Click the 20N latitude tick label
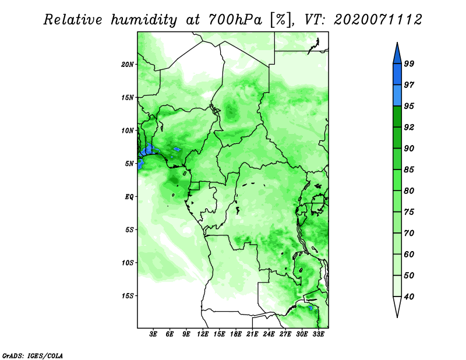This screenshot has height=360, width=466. [x=127, y=65]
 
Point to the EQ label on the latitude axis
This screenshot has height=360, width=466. [x=129, y=197]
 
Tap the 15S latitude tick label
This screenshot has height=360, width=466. [x=127, y=296]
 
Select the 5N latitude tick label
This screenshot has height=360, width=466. [x=129, y=164]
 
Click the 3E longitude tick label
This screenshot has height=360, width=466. [x=153, y=334]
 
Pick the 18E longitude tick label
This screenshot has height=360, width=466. [x=236, y=334]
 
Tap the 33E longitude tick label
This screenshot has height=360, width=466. [x=318, y=334]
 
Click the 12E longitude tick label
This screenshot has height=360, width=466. [x=203, y=334]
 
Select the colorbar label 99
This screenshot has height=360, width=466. [x=409, y=63]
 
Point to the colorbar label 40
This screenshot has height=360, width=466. [x=409, y=297]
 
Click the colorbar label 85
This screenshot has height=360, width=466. [x=409, y=170]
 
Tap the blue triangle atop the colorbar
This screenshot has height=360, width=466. [x=397, y=55]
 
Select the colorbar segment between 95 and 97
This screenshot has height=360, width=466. [x=397, y=96]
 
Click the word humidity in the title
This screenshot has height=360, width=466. [x=144, y=20]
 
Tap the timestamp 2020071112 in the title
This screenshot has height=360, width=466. [x=378, y=20]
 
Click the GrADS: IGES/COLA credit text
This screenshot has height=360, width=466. [x=33, y=355]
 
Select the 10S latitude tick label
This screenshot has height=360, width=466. [x=127, y=263]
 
